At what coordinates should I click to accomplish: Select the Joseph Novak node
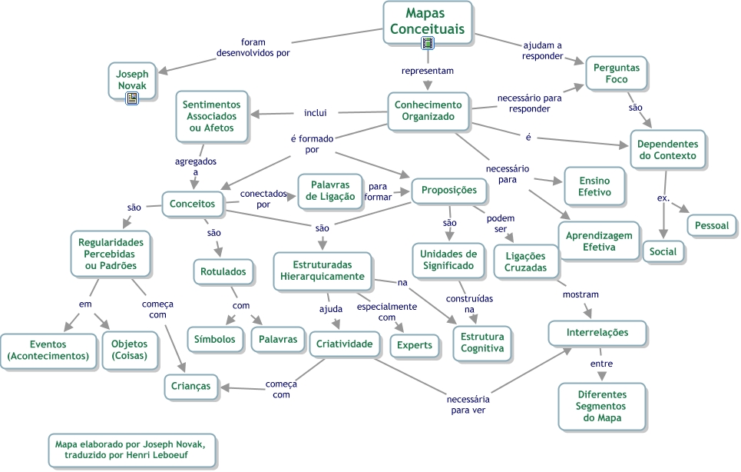tap(132, 79)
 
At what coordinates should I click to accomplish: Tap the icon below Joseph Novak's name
tap(132, 98)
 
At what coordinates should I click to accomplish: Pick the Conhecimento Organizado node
tap(428, 111)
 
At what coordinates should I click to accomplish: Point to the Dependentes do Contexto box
tap(667, 149)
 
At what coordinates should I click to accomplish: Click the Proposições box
tap(449, 190)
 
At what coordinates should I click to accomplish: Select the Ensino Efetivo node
tap(594, 185)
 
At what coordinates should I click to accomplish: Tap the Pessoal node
tap(712, 225)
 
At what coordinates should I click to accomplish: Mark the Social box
tap(663, 251)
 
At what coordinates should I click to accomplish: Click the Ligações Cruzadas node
tap(525, 261)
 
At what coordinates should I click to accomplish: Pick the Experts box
tap(415, 345)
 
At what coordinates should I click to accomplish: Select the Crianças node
tap(190, 385)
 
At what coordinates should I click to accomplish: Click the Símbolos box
tap(215, 339)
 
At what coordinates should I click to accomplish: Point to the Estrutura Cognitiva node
tap(482, 342)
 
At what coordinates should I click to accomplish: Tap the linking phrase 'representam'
tap(428, 71)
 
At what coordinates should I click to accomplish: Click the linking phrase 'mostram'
tap(581, 294)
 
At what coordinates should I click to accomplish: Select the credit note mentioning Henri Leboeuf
tap(131, 450)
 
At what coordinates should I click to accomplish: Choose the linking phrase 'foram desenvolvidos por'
tap(253, 48)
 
